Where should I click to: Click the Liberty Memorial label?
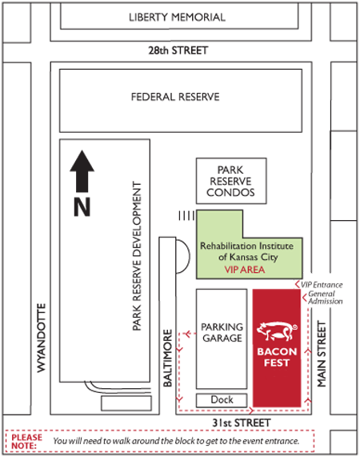(x=177, y=17)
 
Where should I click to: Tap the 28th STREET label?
(x=178, y=50)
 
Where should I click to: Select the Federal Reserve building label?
(x=175, y=97)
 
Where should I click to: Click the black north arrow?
(x=82, y=171)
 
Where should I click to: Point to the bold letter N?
(x=82, y=207)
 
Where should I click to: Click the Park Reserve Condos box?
(x=231, y=181)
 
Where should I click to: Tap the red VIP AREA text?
(x=245, y=270)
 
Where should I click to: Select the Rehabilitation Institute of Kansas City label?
(x=246, y=251)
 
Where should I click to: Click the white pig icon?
(x=277, y=331)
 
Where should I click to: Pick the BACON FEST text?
(x=277, y=357)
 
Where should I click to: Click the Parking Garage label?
(x=222, y=333)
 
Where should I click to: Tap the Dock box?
(x=222, y=400)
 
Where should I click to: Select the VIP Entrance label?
(x=322, y=285)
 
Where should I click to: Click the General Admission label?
(x=325, y=298)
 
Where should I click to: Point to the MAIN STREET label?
(x=322, y=354)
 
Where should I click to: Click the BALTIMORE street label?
(x=167, y=358)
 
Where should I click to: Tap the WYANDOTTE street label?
(x=42, y=338)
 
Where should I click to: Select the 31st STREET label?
(x=242, y=423)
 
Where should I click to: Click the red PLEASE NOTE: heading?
(x=26, y=441)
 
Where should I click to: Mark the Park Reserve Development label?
(x=137, y=256)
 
